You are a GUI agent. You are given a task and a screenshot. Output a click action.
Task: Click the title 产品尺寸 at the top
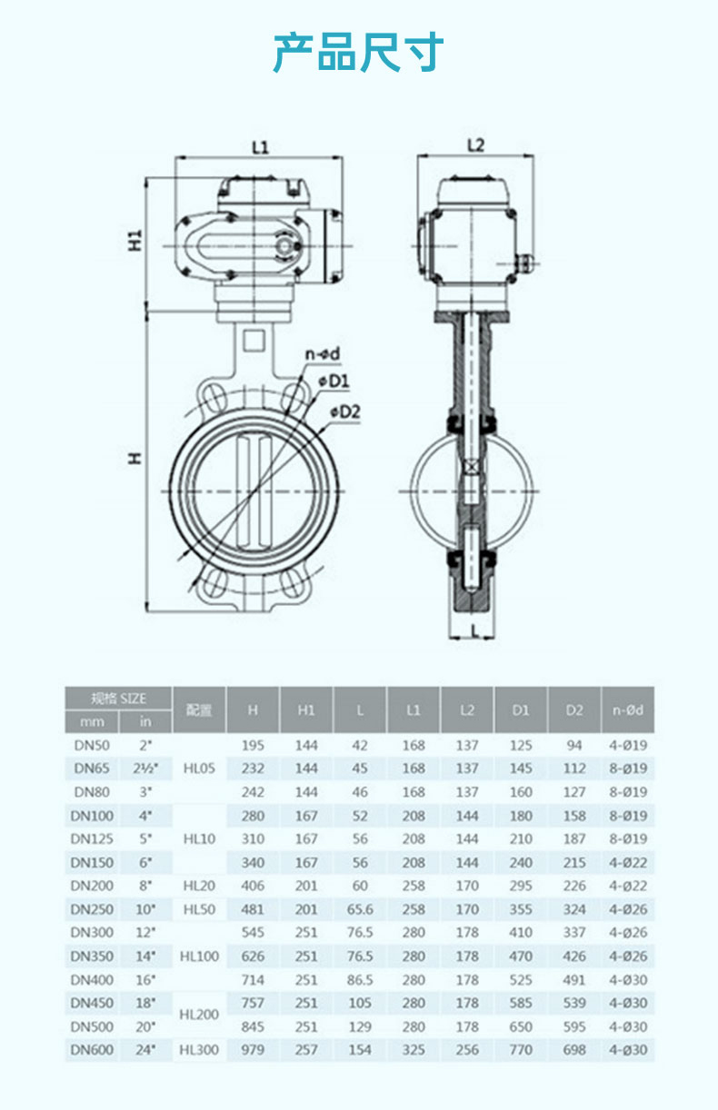358,52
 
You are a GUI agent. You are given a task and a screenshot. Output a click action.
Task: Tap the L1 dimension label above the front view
260,147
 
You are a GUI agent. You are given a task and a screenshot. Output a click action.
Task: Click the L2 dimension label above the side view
475,145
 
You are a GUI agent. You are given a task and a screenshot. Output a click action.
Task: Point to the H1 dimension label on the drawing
135,240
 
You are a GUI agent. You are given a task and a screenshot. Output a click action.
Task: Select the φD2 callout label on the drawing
345,411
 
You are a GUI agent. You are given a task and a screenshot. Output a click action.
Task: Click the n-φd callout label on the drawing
323,354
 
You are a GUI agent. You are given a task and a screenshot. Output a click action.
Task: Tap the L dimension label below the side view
475,630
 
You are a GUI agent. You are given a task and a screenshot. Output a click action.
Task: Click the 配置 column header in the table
199,710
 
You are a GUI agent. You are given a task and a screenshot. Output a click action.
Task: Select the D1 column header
521,710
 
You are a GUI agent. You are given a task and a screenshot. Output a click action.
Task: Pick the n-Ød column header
628,710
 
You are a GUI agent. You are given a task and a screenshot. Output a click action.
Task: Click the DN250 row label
92,909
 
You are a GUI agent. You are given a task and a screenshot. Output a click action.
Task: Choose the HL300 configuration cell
199,1049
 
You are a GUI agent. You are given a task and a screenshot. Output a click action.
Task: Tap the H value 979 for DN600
253,1049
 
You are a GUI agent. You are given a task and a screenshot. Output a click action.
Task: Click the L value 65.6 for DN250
360,909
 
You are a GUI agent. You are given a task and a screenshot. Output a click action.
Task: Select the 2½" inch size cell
145,768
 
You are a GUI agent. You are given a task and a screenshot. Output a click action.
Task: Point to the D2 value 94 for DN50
574,745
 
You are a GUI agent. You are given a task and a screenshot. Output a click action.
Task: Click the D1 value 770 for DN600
521,1049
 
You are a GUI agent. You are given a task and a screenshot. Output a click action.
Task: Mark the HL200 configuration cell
199,1015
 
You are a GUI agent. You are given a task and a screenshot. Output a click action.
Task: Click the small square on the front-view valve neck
254,342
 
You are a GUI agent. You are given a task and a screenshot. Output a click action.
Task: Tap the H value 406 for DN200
253,886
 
